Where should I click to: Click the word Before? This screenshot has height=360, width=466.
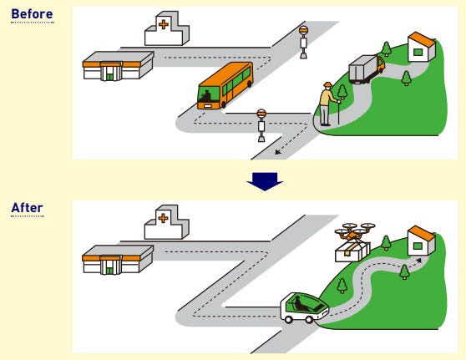32,14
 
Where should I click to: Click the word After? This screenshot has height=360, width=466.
27,207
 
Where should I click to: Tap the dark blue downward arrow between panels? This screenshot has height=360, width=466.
265,181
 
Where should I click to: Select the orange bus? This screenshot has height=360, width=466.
225,85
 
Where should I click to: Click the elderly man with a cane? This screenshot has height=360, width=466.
328,104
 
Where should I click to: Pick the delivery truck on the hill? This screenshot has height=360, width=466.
367,68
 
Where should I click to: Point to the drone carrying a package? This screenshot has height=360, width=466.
354,242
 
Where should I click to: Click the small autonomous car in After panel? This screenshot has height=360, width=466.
304,308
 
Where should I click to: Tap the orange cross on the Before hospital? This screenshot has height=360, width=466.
164,24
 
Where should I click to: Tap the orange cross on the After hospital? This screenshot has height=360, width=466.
163,218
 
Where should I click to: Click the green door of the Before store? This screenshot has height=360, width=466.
110,77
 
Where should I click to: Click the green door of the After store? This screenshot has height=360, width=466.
110,271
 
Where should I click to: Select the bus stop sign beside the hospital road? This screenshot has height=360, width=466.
303,43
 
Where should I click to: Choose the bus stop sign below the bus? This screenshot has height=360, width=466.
261,125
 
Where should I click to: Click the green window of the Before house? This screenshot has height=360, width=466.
418,52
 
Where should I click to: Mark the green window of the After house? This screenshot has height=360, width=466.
418,246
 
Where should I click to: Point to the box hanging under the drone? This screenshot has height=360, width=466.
352,252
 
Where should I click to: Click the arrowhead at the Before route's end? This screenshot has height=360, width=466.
277,152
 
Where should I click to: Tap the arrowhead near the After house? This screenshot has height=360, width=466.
418,261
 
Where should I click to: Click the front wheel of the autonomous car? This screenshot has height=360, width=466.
309,320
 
